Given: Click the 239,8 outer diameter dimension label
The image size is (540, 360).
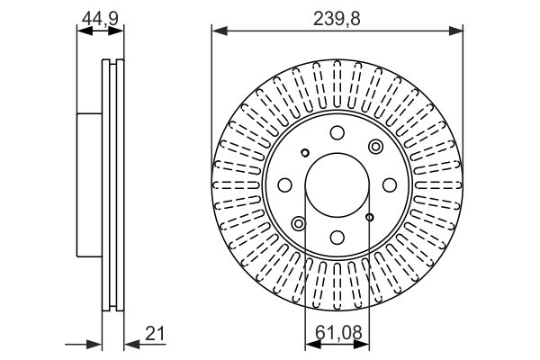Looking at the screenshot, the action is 337,18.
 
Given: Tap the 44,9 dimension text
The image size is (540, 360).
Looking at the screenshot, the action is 100,18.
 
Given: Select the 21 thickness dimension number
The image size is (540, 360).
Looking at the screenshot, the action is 155,333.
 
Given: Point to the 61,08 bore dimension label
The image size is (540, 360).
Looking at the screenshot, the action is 338,332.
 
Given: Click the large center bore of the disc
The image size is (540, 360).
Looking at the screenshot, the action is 337,185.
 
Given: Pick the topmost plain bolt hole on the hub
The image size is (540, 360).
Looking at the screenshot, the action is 337,133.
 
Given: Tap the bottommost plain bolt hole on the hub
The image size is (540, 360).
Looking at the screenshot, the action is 337,237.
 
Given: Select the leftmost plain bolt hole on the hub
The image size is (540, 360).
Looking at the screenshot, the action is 284,185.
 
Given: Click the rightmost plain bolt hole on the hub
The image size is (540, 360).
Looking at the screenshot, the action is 390,185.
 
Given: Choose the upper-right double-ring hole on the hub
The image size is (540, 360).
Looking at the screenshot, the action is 375,147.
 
